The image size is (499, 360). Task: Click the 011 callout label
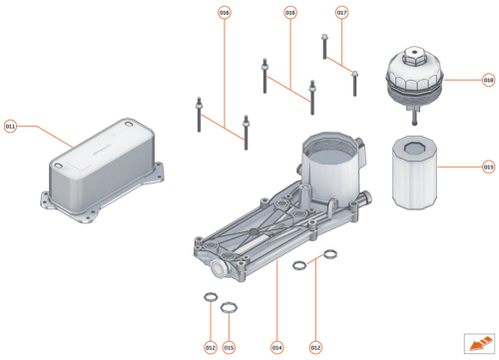click(x=11, y=127)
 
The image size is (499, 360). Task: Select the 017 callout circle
click(x=341, y=13)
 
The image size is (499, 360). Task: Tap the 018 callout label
click(x=489, y=79)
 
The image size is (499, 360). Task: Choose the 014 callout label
click(x=276, y=346)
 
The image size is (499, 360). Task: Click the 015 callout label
click(x=229, y=346)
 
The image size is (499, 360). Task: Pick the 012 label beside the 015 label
click(x=210, y=346)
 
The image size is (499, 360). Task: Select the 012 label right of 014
click(x=316, y=346)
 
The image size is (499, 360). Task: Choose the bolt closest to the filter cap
click(x=354, y=83)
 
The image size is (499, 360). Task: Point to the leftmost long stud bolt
click(x=201, y=116)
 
